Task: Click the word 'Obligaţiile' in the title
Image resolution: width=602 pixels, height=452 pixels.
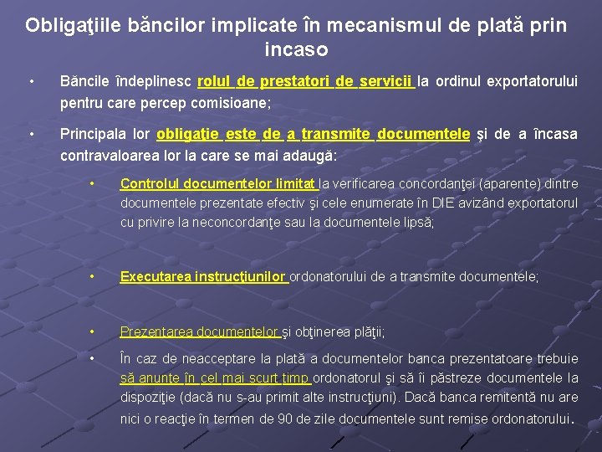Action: coord(74,25)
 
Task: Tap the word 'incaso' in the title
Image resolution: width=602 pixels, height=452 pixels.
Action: coord(296,50)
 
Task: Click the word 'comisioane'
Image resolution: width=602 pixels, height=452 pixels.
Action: coord(234,104)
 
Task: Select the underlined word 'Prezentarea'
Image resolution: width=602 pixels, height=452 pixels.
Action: coord(156,331)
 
